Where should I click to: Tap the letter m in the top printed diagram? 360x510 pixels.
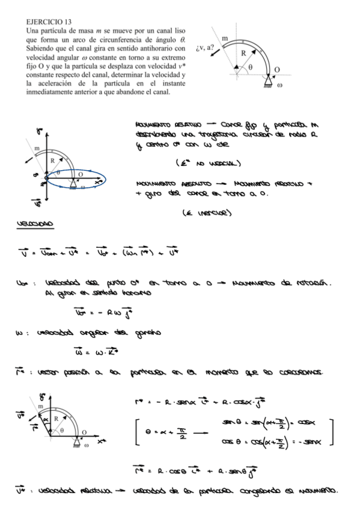tap(225, 38)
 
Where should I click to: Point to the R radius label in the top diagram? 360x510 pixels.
tap(243, 53)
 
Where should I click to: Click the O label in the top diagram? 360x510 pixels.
tap(276, 70)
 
